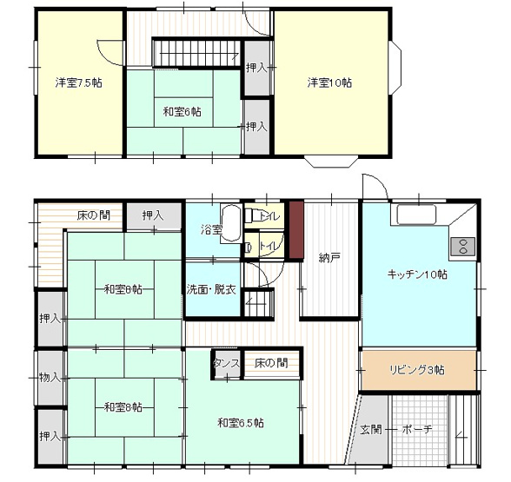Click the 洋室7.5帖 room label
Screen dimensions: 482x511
[76, 83]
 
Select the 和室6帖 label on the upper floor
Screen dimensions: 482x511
[182, 111]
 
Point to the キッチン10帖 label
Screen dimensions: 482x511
[417, 274]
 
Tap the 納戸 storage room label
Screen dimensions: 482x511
[329, 257]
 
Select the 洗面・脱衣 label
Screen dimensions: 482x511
[211, 289]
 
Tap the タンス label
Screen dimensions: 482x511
[226, 362]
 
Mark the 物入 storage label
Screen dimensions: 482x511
[50, 377]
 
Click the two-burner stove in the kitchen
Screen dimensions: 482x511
[462, 246]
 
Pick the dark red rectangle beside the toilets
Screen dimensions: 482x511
[295, 231]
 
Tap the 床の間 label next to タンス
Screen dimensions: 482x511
[271, 362]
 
